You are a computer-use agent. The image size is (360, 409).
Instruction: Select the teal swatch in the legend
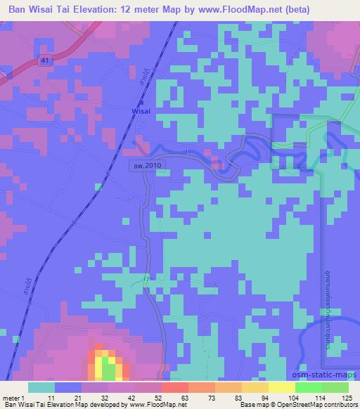41,387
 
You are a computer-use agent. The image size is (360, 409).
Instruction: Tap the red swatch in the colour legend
175,387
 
